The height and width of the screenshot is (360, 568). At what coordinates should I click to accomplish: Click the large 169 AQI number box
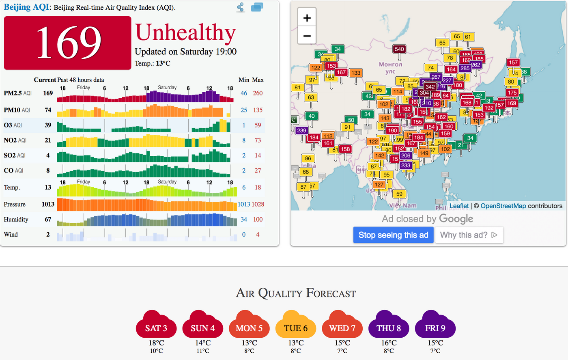68,43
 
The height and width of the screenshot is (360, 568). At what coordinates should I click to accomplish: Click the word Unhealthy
185,33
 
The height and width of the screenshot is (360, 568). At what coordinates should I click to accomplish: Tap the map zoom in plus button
307,18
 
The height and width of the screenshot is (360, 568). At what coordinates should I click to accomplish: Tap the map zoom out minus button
307,36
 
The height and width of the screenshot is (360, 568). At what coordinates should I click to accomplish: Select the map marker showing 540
399,49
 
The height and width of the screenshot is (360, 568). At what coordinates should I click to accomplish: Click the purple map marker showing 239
301,130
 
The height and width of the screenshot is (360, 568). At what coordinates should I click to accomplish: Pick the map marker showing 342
430,87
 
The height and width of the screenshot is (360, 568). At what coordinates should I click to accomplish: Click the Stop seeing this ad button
393,235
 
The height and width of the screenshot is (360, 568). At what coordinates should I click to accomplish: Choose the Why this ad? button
469,235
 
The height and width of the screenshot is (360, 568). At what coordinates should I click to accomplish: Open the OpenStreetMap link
503,206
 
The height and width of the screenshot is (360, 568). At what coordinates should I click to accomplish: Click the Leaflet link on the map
459,206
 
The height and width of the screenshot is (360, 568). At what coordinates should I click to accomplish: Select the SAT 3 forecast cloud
156,326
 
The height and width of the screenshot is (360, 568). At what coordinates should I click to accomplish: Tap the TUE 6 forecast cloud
296,326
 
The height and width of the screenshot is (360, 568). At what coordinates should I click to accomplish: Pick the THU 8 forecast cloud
389,326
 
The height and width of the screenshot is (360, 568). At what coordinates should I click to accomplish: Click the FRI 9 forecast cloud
435,326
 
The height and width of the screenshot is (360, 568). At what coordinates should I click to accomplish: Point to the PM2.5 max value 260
258,93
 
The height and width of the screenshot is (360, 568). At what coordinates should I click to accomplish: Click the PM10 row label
12,110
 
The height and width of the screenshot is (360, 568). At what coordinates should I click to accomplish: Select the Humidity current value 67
48,220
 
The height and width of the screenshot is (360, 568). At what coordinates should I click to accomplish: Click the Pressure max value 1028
258,204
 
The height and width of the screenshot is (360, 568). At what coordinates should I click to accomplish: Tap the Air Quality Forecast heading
296,293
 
